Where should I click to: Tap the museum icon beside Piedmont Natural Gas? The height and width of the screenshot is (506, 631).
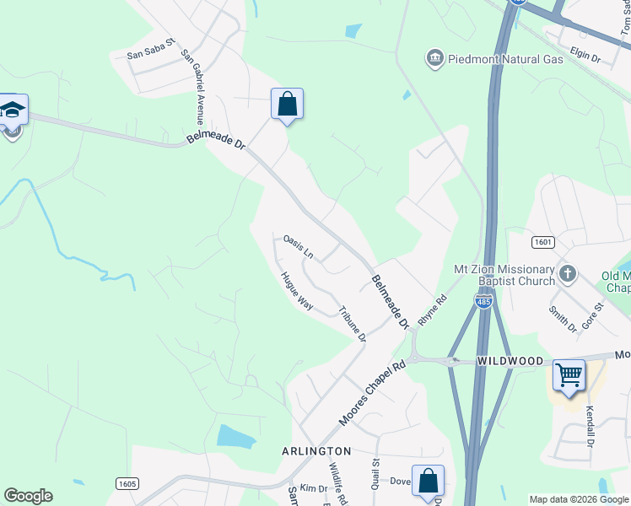click(x=435, y=58)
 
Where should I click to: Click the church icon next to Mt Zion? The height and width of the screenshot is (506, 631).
click(x=567, y=273)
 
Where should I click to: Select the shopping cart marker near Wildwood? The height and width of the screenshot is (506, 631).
click(x=569, y=374)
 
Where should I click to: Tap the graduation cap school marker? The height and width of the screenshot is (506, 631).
click(x=13, y=110)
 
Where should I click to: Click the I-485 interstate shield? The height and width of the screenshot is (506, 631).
click(x=483, y=301)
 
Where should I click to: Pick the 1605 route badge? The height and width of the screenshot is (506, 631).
click(x=127, y=483)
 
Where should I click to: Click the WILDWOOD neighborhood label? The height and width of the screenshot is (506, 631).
click(x=510, y=361)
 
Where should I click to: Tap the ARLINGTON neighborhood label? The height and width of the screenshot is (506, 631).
click(x=316, y=452)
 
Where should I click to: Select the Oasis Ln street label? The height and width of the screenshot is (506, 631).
click(x=299, y=247)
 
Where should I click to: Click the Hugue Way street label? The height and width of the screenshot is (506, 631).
click(x=297, y=292)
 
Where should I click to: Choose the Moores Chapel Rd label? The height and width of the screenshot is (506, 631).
click(x=372, y=394)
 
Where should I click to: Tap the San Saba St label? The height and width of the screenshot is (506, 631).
click(x=150, y=48)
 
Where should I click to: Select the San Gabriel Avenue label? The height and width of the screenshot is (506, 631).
click(x=192, y=88)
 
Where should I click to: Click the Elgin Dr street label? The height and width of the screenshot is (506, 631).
click(x=585, y=58)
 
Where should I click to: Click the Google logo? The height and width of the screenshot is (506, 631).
click(x=28, y=496)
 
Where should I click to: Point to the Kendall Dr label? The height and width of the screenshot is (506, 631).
click(x=591, y=427)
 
